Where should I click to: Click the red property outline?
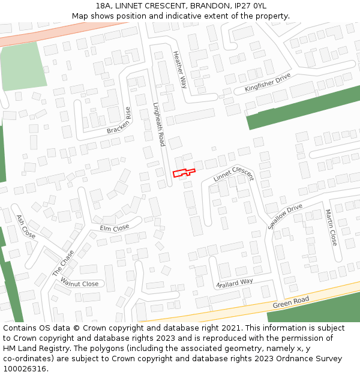(x=184, y=173)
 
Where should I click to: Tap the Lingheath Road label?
(x=158, y=124)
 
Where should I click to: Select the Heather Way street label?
(x=180, y=69)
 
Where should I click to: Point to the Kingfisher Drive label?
(x=267, y=83)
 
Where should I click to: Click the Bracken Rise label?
(x=119, y=121)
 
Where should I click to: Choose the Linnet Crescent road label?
(x=233, y=173)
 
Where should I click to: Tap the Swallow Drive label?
(x=285, y=217)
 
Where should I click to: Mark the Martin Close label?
(x=331, y=227)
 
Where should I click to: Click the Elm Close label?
(x=114, y=228)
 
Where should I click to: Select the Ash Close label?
(x=26, y=226)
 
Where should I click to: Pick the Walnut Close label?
(x=79, y=284)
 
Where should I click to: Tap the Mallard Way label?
(x=235, y=281)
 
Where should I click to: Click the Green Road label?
(x=291, y=302)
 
